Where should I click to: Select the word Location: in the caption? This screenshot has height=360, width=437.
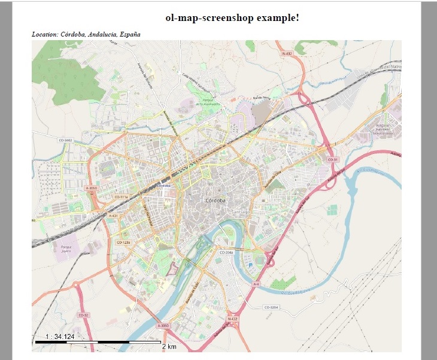45,34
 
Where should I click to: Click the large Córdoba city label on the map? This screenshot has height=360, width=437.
215,200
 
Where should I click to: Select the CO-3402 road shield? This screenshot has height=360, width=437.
65,140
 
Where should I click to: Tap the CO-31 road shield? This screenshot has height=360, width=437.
333,160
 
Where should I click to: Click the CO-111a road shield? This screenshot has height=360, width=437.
122,196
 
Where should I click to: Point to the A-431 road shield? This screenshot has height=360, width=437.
112,215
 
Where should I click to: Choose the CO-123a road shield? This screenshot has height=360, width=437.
123,242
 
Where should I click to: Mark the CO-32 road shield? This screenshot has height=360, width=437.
83,314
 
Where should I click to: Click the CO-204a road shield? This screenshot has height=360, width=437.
226,253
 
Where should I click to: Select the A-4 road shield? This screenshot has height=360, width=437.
256,284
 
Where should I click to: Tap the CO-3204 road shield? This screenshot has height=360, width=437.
272,307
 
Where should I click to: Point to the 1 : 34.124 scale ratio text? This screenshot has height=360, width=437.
56,337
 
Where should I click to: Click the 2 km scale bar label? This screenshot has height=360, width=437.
169,346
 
